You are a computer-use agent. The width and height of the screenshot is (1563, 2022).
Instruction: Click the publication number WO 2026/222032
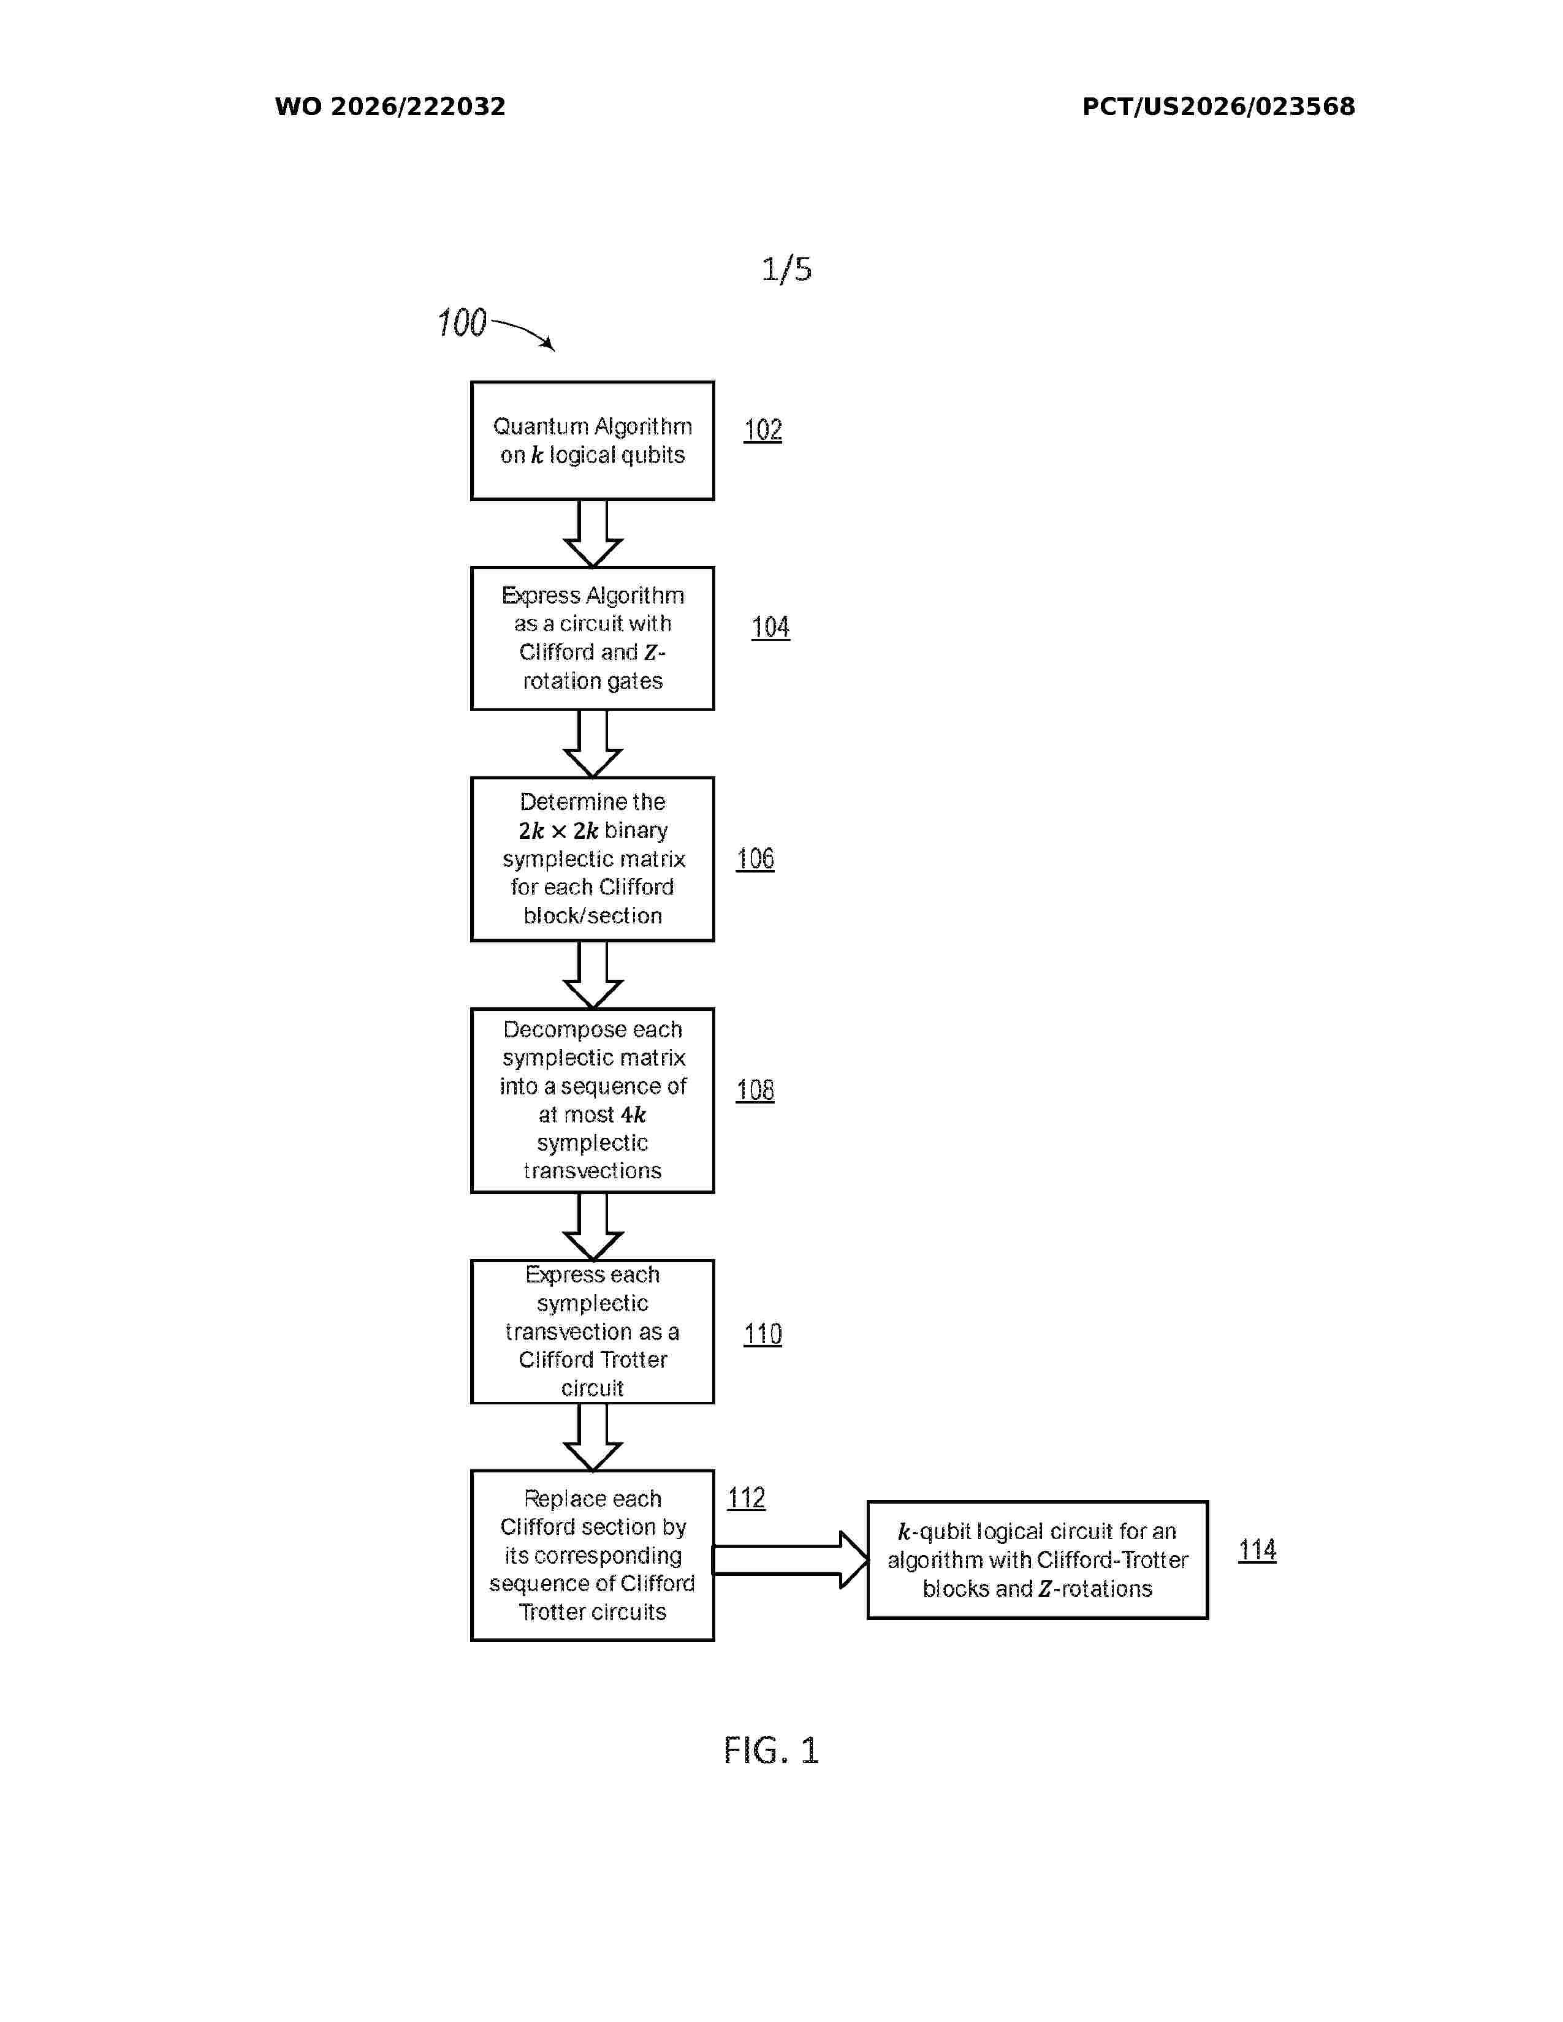pos(390,107)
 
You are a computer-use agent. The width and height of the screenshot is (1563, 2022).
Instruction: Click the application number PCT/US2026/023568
pos(1219,107)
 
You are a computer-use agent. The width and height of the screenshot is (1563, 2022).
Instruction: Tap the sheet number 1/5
pos(786,270)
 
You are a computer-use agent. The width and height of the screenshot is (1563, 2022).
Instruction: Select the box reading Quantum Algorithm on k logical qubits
pos(593,441)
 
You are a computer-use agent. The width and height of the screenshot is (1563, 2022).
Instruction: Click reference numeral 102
pos(763,430)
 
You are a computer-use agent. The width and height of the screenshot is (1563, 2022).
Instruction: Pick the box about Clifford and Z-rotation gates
pos(593,639)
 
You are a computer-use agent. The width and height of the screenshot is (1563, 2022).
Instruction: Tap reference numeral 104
pos(770,627)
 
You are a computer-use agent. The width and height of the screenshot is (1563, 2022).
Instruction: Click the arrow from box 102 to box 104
pos(593,533)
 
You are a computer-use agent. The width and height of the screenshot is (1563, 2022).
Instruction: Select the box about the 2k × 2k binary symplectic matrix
pos(593,859)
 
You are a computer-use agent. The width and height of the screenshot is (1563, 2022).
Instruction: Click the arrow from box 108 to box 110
pos(593,1227)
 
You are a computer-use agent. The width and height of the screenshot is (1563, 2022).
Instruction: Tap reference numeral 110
pos(763,1334)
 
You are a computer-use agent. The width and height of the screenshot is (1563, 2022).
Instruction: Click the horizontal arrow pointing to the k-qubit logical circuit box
pos(790,1560)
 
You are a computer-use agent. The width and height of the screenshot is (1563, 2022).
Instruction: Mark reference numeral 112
pos(747,1498)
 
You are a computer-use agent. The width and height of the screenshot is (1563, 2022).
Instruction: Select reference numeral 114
pos(1257,1550)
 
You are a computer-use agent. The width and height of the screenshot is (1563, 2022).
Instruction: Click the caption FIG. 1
pos(771,1751)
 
